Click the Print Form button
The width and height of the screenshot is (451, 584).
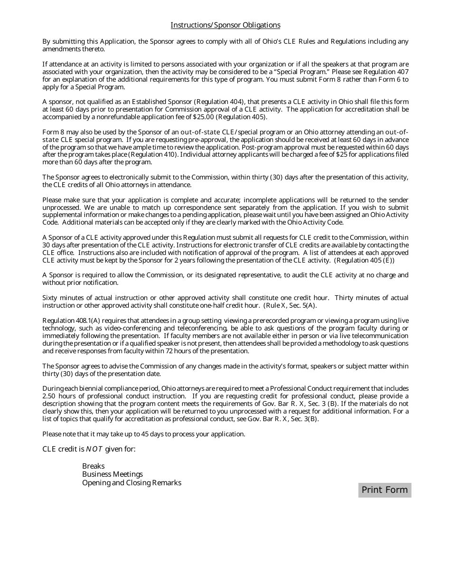[385, 490]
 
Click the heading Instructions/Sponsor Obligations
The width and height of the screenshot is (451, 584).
[225, 25]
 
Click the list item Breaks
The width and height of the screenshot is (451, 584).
[93, 466]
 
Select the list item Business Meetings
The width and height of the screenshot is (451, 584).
[112, 474]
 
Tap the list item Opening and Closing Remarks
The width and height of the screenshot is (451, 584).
[132, 483]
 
